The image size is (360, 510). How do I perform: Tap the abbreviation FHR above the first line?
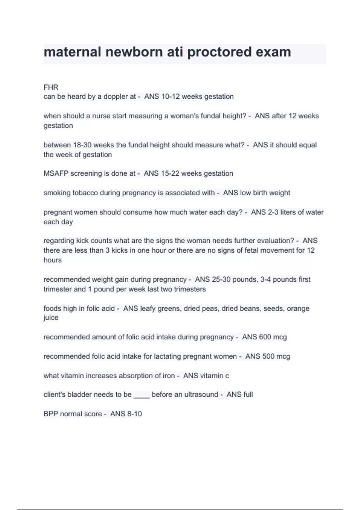(x=51, y=87)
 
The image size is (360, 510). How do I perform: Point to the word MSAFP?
(x=56, y=173)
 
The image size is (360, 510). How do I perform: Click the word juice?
(x=51, y=318)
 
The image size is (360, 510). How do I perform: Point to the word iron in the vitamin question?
(x=169, y=376)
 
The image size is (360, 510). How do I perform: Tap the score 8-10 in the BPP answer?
(x=134, y=414)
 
